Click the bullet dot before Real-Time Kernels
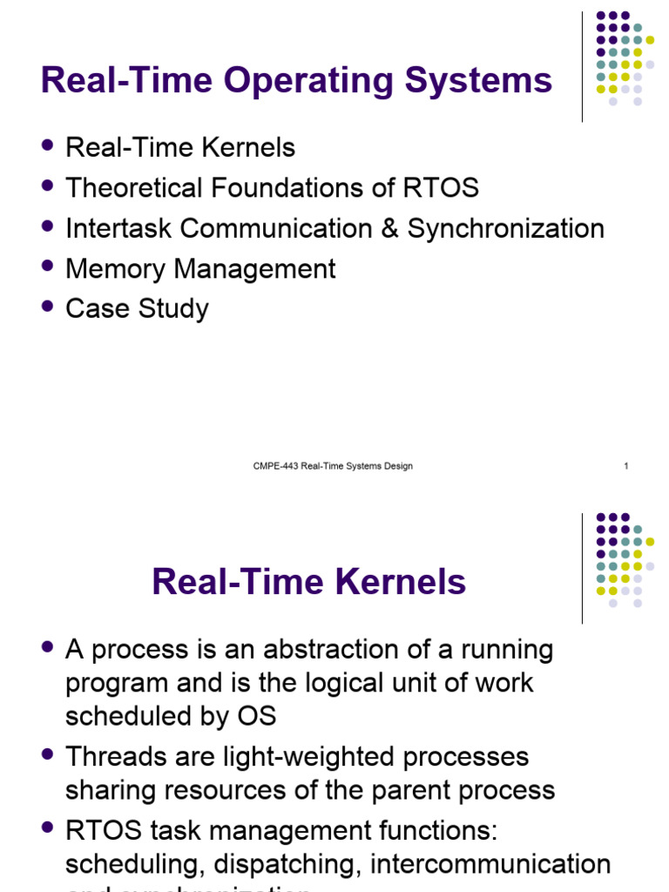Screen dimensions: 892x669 (49, 145)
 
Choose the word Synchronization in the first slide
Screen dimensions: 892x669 (506, 229)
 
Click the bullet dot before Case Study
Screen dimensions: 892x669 (49, 306)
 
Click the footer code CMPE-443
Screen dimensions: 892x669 (275, 466)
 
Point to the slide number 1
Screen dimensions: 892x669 (625, 466)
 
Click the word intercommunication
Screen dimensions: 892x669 (490, 864)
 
